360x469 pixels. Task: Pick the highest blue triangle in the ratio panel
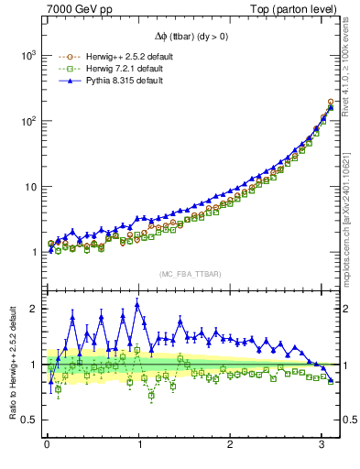(x=137, y=304)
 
